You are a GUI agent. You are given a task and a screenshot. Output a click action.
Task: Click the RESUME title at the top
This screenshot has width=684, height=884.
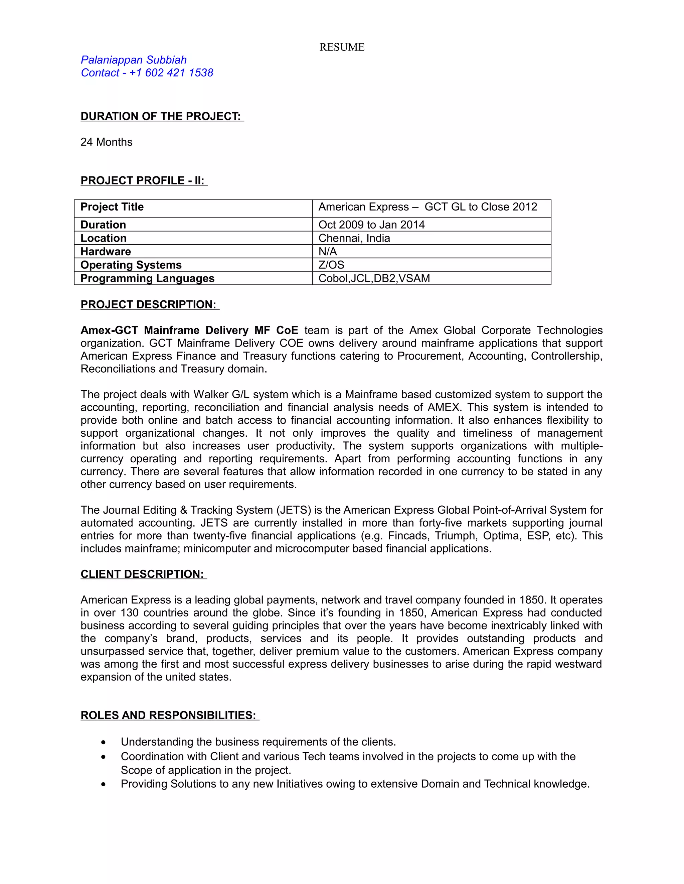pos(342,47)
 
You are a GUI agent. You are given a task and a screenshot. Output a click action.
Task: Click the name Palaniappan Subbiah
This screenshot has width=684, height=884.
pos(133,60)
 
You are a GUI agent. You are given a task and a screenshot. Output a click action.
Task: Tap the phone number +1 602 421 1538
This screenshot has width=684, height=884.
pos(171,73)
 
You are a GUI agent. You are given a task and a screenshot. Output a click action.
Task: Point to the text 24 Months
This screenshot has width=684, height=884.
pos(106,142)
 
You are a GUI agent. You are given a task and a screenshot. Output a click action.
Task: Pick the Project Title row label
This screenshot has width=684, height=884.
pos(112,207)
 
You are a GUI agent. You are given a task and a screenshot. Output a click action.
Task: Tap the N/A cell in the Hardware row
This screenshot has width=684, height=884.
pos(327,252)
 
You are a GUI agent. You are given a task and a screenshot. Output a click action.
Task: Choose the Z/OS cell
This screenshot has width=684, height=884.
pos(331,265)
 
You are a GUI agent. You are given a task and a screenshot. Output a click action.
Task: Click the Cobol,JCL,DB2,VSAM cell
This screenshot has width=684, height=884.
pos(374,279)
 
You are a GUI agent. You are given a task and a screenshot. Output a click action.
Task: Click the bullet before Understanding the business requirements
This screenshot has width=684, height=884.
pos(104,742)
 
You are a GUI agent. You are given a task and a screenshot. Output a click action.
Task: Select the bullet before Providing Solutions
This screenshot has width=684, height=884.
pos(104,785)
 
